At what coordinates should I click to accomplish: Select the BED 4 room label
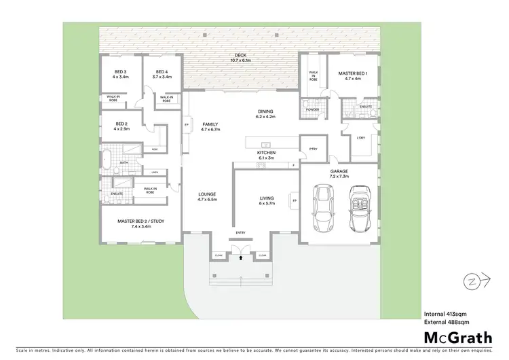[162, 74]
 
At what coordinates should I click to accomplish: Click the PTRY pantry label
[313, 149]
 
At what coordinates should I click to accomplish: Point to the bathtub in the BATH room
[107, 161]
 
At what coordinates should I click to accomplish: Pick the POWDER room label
[312, 109]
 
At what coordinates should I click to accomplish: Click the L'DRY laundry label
[361, 139]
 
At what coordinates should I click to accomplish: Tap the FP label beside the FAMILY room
[185, 126]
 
